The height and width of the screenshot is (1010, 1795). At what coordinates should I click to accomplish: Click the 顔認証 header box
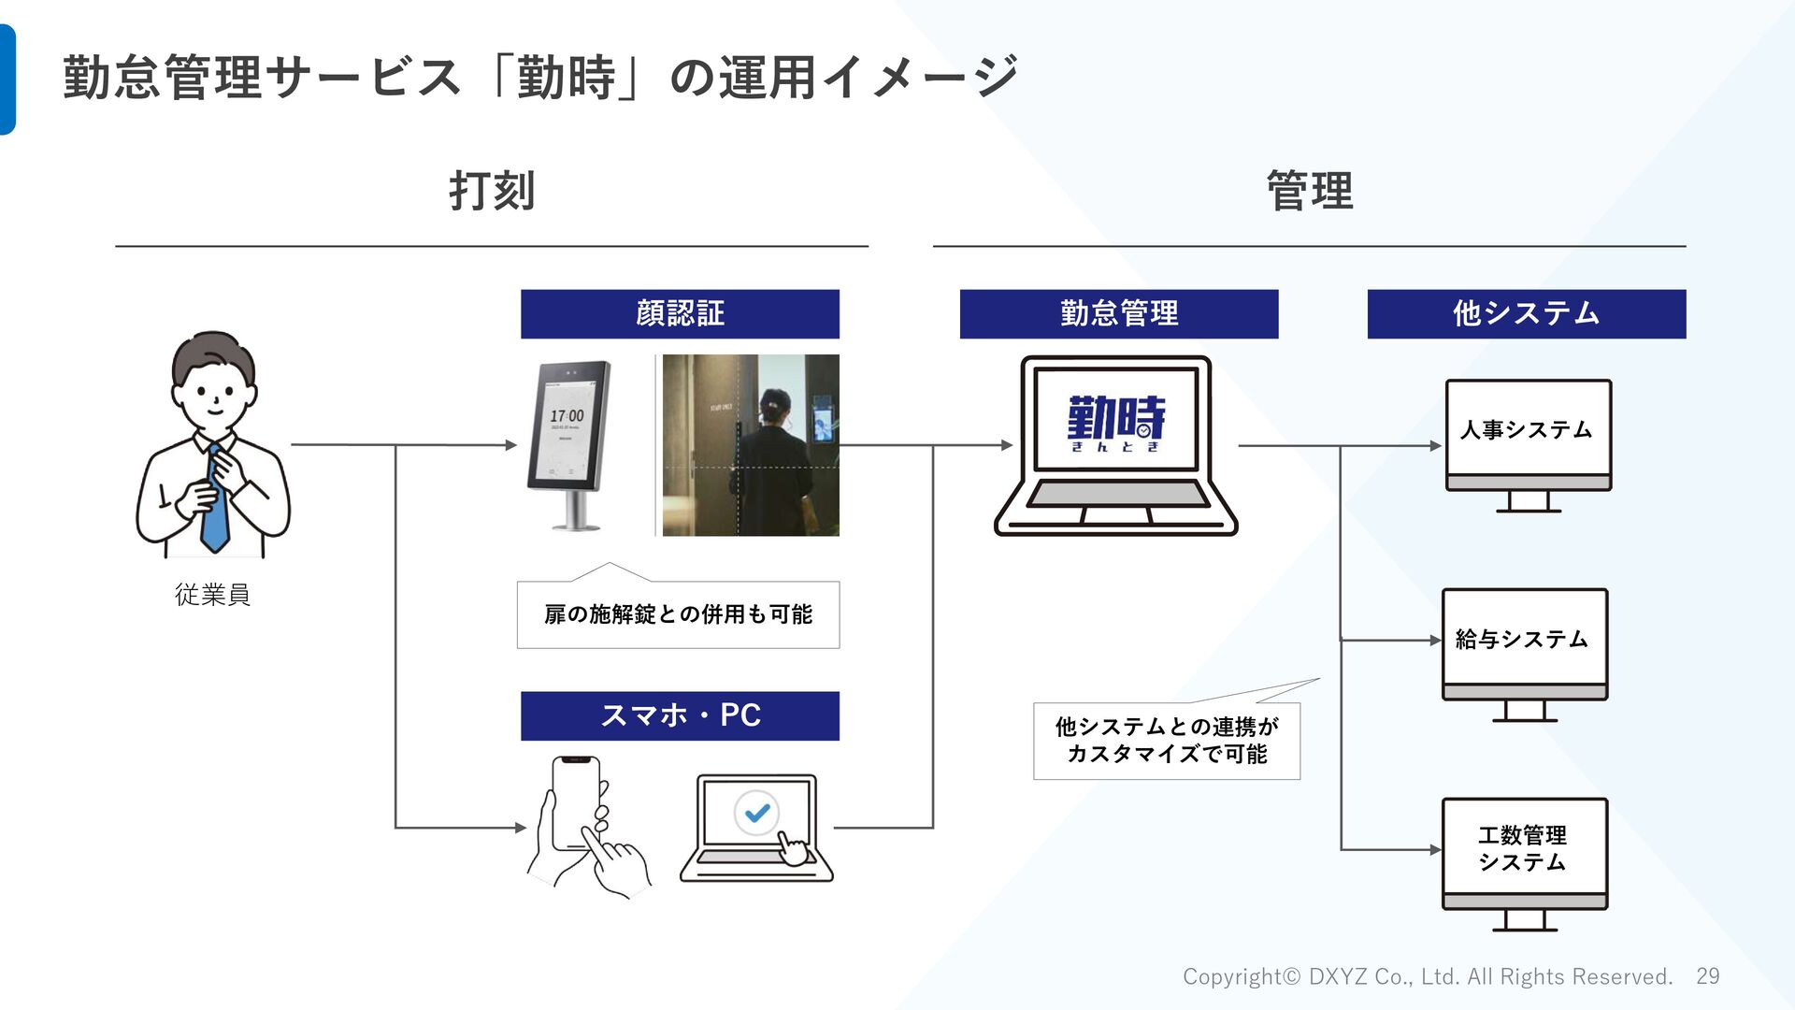[680, 313]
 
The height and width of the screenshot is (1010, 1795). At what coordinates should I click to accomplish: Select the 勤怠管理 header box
[1118, 313]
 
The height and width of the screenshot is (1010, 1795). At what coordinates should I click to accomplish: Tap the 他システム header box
[1526, 313]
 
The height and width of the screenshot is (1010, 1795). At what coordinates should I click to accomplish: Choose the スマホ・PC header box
[680, 715]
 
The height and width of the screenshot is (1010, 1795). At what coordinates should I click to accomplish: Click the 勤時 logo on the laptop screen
[1116, 421]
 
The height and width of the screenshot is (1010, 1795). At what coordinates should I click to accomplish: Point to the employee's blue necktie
[215, 505]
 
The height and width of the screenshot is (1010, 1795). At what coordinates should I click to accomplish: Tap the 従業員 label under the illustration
[213, 595]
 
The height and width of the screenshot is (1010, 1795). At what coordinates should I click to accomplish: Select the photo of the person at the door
[750, 445]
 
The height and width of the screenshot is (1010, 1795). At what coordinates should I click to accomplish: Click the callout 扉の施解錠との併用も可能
[678, 614]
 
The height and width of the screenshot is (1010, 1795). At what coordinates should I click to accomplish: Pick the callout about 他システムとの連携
[1166, 740]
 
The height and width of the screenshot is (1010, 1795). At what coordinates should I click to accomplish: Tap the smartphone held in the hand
[574, 802]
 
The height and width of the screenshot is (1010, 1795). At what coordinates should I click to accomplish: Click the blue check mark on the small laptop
[757, 813]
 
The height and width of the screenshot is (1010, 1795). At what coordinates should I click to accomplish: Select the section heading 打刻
[492, 192]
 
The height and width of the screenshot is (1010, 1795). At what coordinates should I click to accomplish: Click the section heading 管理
[1309, 192]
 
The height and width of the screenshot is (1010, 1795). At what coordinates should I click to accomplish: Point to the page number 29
[1708, 976]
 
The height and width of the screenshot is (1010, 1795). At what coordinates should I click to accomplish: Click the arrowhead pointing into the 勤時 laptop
[1007, 445]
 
